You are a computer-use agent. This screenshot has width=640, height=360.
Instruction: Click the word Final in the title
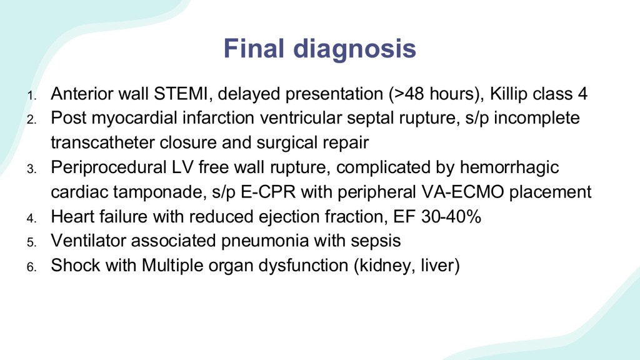coord(254,48)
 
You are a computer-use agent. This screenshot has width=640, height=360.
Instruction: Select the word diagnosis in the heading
coord(355,49)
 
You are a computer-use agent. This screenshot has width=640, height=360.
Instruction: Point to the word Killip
coord(510,94)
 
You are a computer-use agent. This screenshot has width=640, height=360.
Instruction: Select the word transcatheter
coord(102,143)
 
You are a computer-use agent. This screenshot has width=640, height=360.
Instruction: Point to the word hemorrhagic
coord(509,167)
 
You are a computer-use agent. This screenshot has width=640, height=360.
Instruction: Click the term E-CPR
coord(268,192)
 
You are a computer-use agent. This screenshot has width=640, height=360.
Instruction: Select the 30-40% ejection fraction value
coord(451,217)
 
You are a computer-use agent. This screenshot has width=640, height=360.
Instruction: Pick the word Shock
coord(75,265)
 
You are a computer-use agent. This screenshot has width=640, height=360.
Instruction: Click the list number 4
coord(32,218)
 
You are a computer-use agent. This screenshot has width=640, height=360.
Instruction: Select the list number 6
coord(32,267)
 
